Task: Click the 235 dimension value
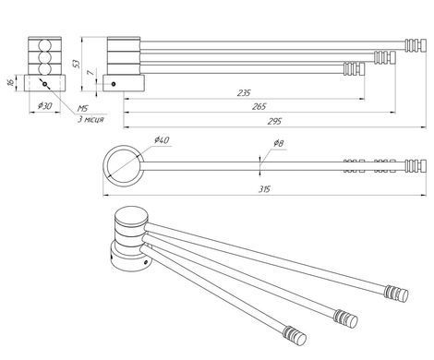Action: [x=244, y=92]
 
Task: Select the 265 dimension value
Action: [x=259, y=106]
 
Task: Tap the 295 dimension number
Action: [x=274, y=122]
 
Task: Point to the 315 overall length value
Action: [x=264, y=189]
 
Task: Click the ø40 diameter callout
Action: [x=162, y=140]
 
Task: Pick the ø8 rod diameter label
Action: [x=278, y=143]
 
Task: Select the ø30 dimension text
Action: [x=45, y=106]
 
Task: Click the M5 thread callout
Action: [x=82, y=108]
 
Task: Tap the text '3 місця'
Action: [x=90, y=119]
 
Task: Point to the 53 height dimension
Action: [x=77, y=64]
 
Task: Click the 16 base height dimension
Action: [x=10, y=82]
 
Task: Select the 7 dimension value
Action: [x=90, y=73]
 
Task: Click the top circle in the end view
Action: [x=45, y=45]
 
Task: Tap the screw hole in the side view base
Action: [x=114, y=84]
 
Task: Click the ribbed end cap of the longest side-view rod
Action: [x=416, y=45]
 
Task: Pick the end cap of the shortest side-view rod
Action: [x=354, y=69]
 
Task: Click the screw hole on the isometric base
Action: [x=146, y=262]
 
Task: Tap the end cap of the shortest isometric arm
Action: [x=295, y=335]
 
